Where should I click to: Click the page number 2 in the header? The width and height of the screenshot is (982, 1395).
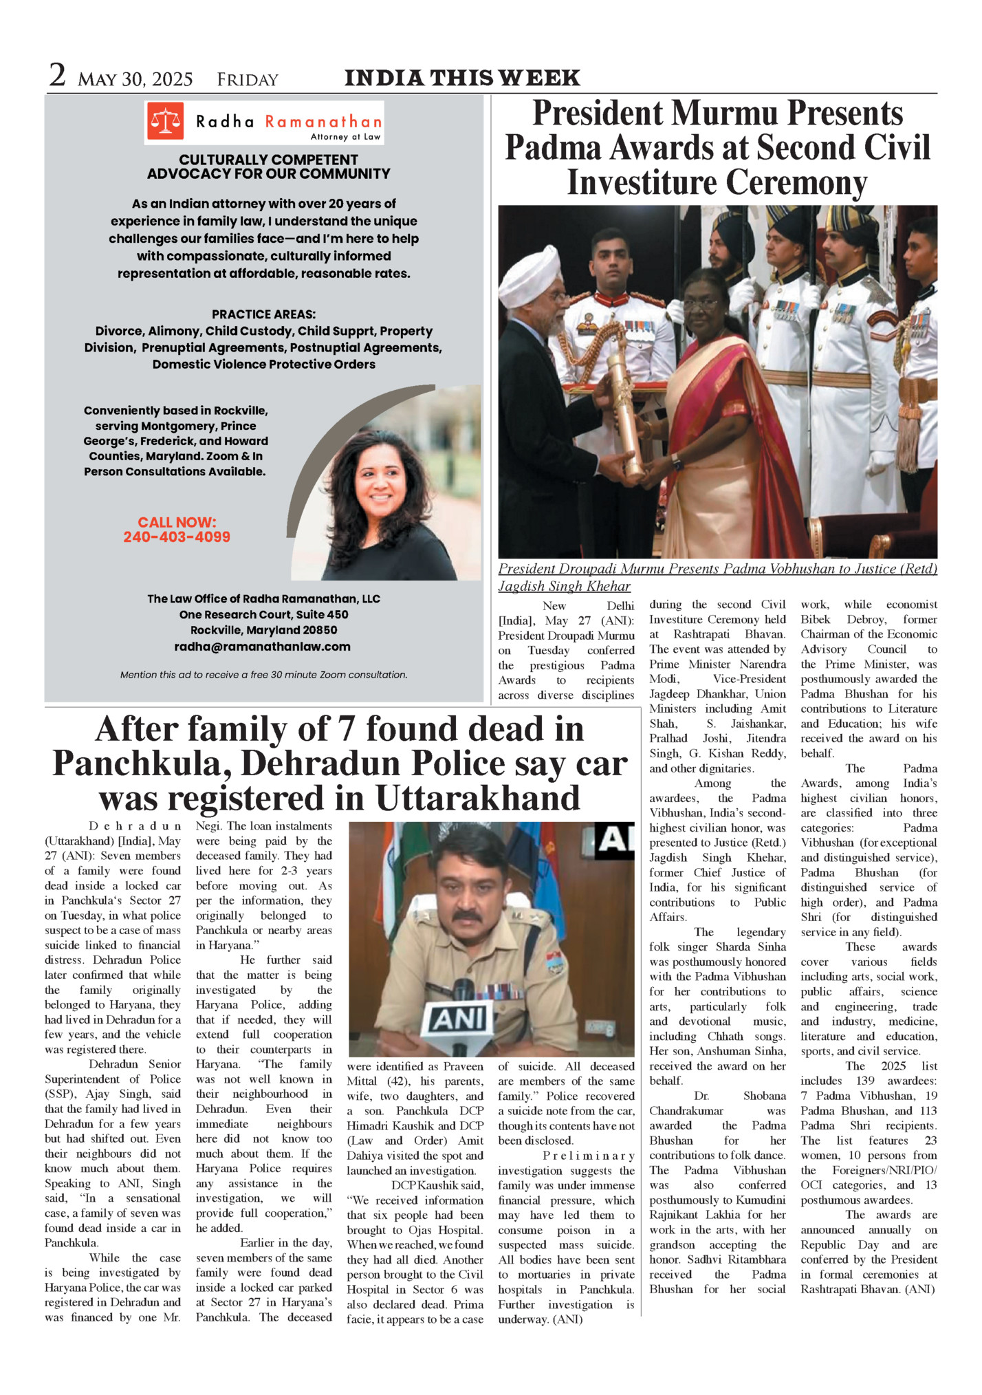pyautogui.click(x=57, y=76)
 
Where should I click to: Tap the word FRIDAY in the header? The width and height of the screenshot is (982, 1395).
pyautogui.click(x=248, y=80)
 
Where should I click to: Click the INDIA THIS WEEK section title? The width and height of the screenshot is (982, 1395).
pyautogui.click(x=462, y=78)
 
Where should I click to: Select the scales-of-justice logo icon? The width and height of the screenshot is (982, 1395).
pyautogui.click(x=165, y=122)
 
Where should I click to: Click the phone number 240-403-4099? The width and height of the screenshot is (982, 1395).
pyautogui.click(x=177, y=537)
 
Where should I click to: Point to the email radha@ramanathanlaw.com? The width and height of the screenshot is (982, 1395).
pyautogui.click(x=262, y=647)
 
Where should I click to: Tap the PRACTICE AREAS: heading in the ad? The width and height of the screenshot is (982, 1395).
pyautogui.click(x=263, y=314)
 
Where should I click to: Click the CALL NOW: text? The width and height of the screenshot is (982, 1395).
pyautogui.click(x=177, y=522)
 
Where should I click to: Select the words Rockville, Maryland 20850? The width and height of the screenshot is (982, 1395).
pyautogui.click(x=263, y=630)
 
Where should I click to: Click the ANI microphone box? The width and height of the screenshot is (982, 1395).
pyautogui.click(x=457, y=1018)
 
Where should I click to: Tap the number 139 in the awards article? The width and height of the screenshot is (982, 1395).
pyautogui.click(x=865, y=1081)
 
